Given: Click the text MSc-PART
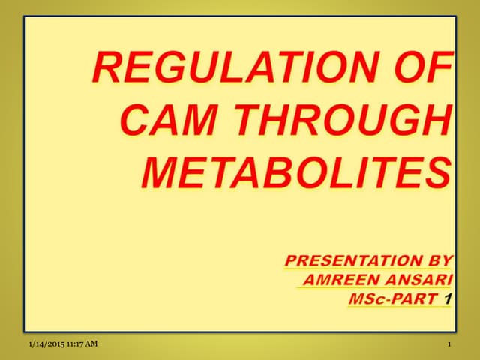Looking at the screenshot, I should coord(394,299).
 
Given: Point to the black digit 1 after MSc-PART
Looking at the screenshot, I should coord(448,299).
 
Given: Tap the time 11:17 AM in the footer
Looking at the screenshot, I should coord(81,344).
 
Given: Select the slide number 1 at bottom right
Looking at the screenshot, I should coord(447,345).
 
